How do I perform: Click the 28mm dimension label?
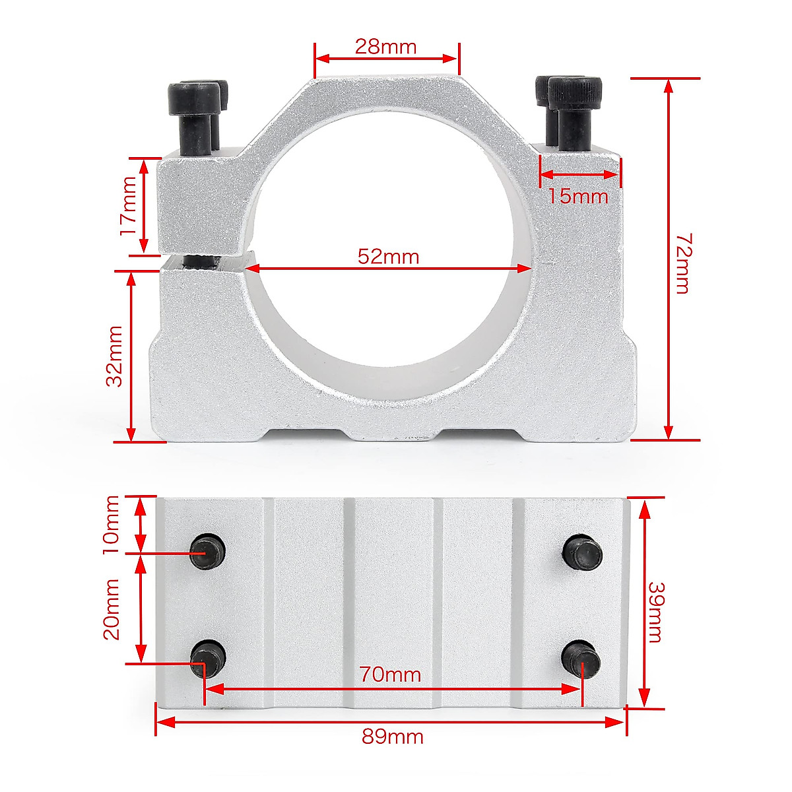click(x=386, y=46)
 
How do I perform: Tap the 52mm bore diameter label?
click(x=388, y=256)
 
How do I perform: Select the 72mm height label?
click(x=681, y=263)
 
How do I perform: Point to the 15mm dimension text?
click(x=578, y=196)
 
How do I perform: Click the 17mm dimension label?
click(x=127, y=206)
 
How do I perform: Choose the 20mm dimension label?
click(x=111, y=609)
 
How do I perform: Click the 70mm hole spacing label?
click(x=390, y=675)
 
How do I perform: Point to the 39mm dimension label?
click(x=655, y=611)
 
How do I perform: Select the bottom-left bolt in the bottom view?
click(x=208, y=658)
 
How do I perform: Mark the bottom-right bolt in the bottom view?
click(x=581, y=659)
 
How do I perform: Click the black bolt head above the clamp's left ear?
click(x=195, y=98)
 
